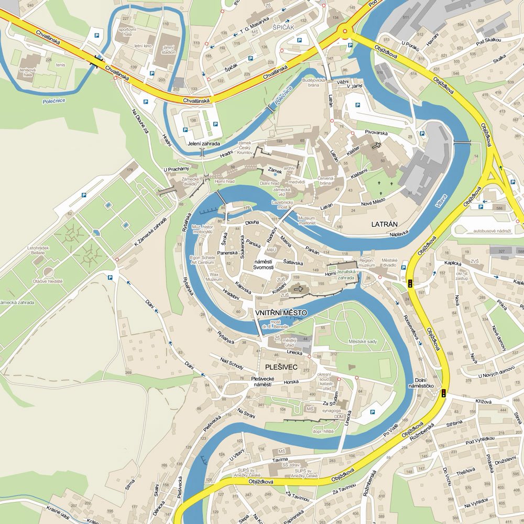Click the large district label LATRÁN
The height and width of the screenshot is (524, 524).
[388, 224]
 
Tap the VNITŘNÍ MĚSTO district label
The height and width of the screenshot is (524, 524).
[280, 313]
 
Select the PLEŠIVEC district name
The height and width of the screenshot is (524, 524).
[281, 367]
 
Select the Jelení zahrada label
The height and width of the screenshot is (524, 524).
[204, 143]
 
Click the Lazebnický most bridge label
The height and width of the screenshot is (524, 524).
[285, 205]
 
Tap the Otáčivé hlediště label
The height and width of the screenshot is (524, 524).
[48, 281]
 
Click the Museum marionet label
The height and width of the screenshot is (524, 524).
[307, 220]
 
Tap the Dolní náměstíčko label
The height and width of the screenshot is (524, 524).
[424, 383]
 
